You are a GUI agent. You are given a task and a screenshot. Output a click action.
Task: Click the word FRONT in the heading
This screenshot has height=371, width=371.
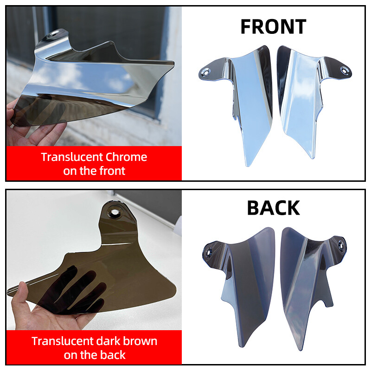(x=273, y=26)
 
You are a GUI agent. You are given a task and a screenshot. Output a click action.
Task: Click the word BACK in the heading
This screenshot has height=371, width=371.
(x=273, y=208)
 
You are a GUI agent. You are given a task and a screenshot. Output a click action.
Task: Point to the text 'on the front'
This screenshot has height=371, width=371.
(x=94, y=171)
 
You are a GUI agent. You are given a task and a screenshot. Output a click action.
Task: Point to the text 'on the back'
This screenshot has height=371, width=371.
(x=94, y=355)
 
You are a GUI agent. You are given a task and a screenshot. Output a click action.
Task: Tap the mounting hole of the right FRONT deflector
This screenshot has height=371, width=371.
(x=344, y=70)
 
